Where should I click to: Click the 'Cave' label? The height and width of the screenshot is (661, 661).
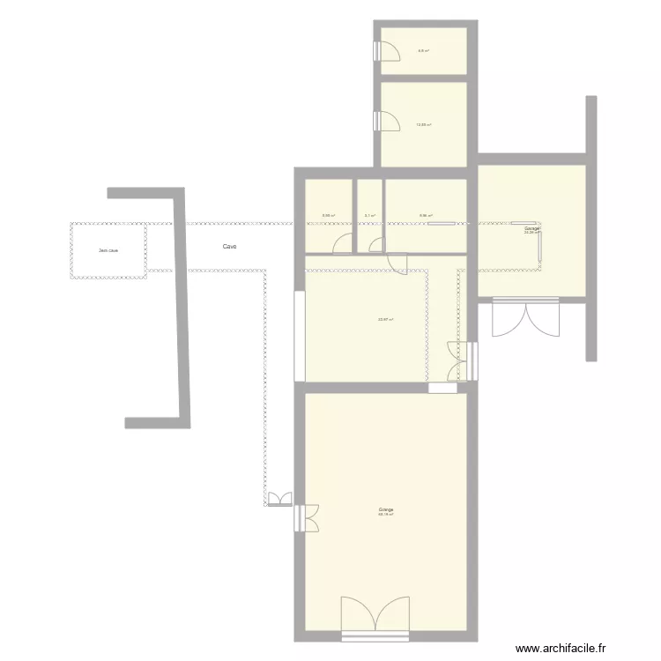[229, 247]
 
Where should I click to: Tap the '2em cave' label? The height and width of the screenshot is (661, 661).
[108, 250]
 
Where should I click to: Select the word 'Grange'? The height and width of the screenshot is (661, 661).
[386, 509]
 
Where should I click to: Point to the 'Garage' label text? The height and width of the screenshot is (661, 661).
[531, 228]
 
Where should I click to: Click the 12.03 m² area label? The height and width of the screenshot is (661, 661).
[423, 125]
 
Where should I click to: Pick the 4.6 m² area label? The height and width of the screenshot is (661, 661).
[423, 51]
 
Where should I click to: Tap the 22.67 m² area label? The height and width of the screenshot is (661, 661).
[385, 320]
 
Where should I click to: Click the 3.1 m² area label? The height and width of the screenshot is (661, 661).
[370, 215]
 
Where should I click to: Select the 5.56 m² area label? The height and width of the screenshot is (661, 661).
[328, 215]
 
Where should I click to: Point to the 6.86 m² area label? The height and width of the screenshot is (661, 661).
[426, 215]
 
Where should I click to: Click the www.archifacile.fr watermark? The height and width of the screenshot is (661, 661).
[561, 648]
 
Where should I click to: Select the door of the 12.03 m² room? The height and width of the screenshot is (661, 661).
[386, 121]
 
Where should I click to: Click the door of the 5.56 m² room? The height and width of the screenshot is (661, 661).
[343, 246]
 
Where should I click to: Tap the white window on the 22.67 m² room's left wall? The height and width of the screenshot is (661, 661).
[301, 335]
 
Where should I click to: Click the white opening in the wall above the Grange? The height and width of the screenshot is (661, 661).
[443, 388]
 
